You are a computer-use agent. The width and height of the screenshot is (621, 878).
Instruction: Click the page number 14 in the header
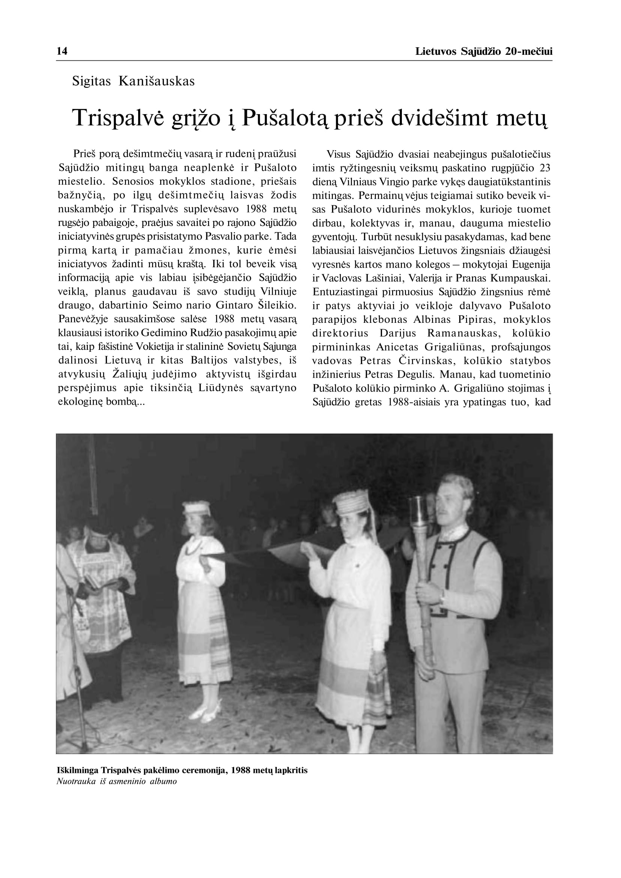(x=62, y=51)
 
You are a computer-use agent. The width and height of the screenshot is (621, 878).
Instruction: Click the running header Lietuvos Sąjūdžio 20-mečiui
(x=483, y=52)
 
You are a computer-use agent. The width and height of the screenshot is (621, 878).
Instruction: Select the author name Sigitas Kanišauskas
(x=133, y=81)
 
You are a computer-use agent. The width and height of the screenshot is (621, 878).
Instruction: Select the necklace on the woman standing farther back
(x=192, y=548)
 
